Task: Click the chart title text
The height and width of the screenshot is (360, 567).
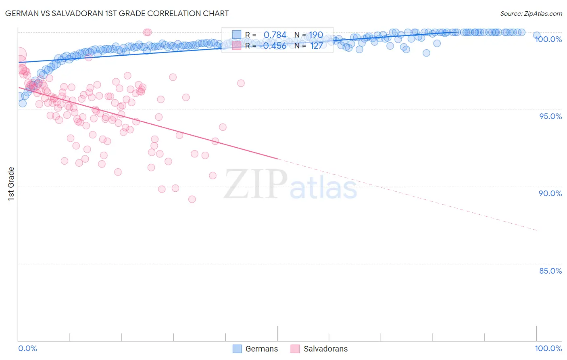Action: (x=117, y=13)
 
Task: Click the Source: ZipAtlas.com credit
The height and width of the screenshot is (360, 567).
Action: (x=531, y=14)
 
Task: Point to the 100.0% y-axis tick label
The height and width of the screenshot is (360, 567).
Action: (x=548, y=39)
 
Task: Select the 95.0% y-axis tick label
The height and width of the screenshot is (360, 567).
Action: (x=550, y=116)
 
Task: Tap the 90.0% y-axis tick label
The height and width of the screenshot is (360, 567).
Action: (x=550, y=193)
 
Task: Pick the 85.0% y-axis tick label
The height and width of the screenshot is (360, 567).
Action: (x=550, y=271)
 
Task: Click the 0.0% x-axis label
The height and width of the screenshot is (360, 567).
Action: (x=27, y=348)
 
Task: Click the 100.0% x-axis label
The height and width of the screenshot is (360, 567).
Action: (x=548, y=348)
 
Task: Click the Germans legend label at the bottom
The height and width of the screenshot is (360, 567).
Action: (x=261, y=349)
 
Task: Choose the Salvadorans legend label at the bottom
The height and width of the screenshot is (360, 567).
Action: (x=325, y=349)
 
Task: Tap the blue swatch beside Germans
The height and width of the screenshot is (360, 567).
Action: (x=237, y=349)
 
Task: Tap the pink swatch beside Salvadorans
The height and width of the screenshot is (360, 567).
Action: (x=295, y=349)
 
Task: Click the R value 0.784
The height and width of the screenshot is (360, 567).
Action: (x=275, y=35)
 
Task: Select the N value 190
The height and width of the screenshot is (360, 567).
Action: (x=316, y=35)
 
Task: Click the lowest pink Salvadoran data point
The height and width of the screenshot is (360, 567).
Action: (x=192, y=199)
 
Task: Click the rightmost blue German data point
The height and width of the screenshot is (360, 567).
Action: (x=537, y=36)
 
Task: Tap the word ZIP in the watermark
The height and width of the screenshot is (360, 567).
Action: (x=256, y=184)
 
